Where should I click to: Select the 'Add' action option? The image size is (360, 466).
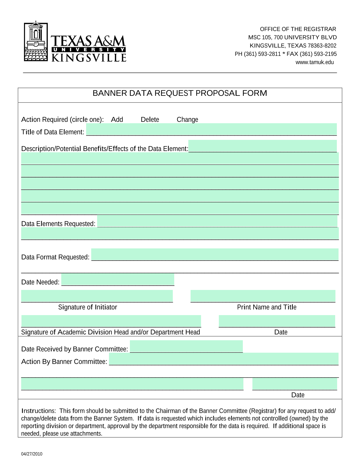click(117, 120)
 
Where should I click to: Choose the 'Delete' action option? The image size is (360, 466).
click(150, 120)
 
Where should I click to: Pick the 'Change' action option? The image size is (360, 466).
click(187, 120)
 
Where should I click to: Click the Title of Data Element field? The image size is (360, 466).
click(211, 129)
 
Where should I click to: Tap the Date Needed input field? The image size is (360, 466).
click(118, 279)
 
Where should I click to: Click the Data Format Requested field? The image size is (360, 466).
click(215, 254)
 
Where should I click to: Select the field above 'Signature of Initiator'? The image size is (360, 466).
click(97, 296)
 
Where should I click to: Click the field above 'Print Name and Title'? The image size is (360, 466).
click(263, 296)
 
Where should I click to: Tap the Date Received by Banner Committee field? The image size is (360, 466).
click(186, 346)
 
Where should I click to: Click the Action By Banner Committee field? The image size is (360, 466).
click(224, 359)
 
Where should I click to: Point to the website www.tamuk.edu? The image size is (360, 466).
click(315, 62)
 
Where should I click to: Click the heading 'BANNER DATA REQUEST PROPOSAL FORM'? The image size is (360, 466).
click(180, 93)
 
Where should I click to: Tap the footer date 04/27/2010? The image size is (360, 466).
click(32, 454)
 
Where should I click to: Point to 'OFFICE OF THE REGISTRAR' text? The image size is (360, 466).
click(298, 29)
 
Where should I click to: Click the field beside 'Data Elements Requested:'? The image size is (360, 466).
click(217, 221)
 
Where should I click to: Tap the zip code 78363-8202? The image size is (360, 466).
click(322, 46)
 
